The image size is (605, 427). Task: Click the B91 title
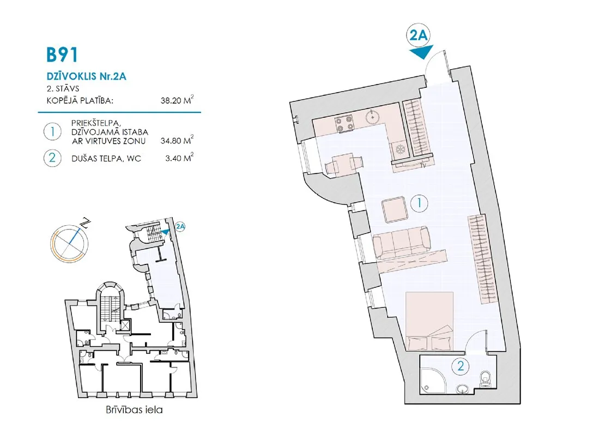point(62,55)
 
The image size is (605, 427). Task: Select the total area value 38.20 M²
point(177,100)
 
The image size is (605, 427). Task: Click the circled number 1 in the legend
point(52,131)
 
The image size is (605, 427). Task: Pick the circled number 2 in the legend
point(52,158)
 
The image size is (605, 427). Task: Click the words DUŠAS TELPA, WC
point(106,158)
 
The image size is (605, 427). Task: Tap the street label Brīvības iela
point(134,410)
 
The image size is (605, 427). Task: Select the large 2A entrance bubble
point(419,35)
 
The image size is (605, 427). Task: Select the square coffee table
point(394,209)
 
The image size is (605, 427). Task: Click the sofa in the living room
point(401,243)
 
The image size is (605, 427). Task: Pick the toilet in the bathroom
point(485,377)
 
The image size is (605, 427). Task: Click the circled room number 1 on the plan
point(419,203)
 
